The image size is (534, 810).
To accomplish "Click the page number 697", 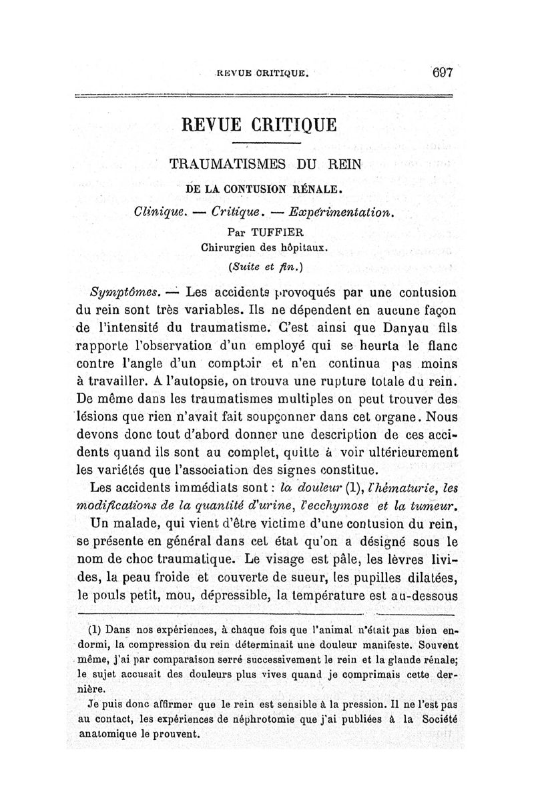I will [x=443, y=73].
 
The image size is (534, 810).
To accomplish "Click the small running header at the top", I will [x=263, y=74].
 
